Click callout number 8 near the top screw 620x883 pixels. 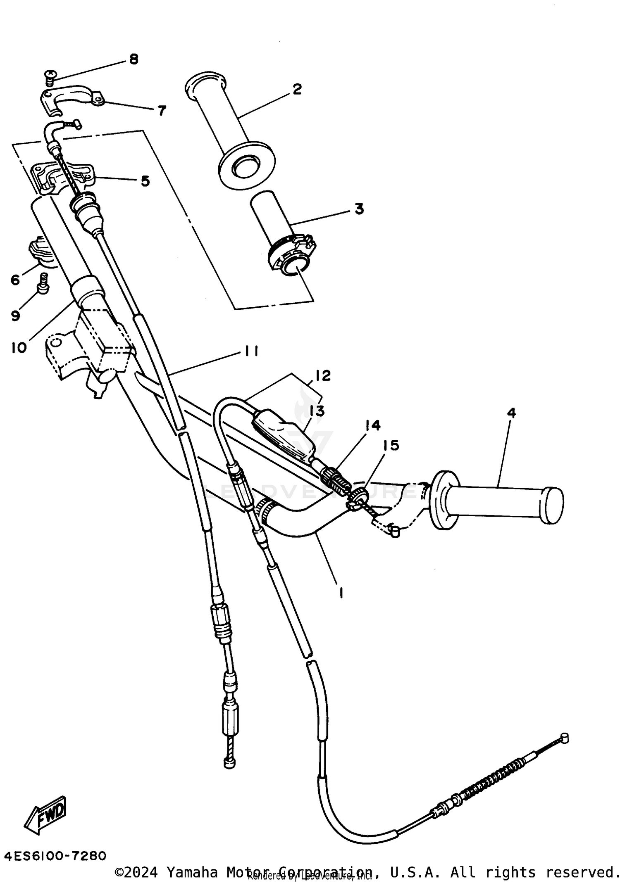point(134,59)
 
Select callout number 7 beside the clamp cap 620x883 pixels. point(162,110)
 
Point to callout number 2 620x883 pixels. point(297,89)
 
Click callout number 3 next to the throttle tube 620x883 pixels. point(359,209)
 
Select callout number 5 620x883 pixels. point(145,181)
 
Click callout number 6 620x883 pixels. point(15,280)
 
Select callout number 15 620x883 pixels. point(391,445)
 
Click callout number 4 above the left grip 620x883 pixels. point(512,412)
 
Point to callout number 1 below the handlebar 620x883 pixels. point(341,593)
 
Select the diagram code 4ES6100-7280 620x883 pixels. point(55,856)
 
